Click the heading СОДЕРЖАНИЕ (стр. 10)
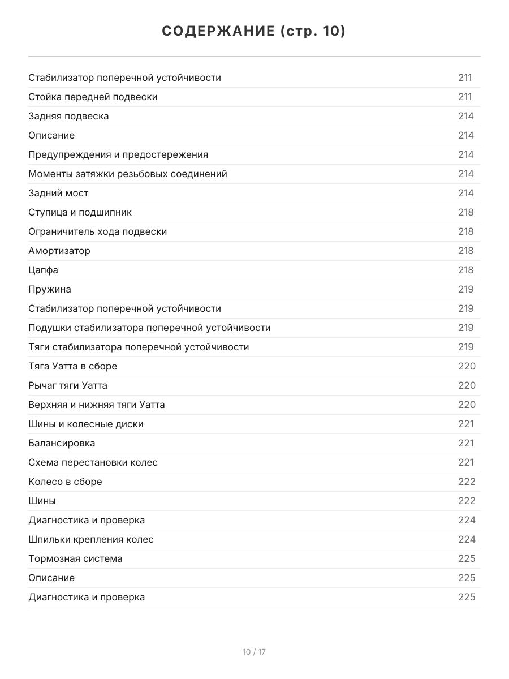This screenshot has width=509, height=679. pos(254,32)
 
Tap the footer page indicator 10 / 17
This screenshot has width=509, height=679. pos(254,652)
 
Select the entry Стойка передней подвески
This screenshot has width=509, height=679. pos(93,97)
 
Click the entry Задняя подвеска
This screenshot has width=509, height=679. pos(68,116)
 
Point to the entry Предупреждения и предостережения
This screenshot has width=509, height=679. pos(118,154)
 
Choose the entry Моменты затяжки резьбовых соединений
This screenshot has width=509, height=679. pos(128,174)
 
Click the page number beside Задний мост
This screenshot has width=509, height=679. pos(466,193)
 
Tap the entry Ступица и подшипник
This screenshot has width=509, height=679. pos(80,212)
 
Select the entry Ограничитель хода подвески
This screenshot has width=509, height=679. pos(98,231)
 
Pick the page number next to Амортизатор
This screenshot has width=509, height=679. pos(466,251)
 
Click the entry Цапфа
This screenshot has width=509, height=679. pos(43,270)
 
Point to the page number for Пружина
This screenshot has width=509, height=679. pos(466,289)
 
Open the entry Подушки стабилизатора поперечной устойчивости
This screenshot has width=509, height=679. pos(149,328)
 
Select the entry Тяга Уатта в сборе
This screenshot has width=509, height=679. pos(72,366)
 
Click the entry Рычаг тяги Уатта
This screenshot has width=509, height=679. pos(68,385)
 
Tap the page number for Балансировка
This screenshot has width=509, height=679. pos(466,443)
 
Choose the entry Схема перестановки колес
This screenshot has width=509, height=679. pos(93,462)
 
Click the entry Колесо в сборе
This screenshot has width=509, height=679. pos(65,482)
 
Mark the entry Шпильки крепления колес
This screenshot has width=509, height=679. pos(91,539)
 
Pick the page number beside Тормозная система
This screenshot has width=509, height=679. pos(467,558)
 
